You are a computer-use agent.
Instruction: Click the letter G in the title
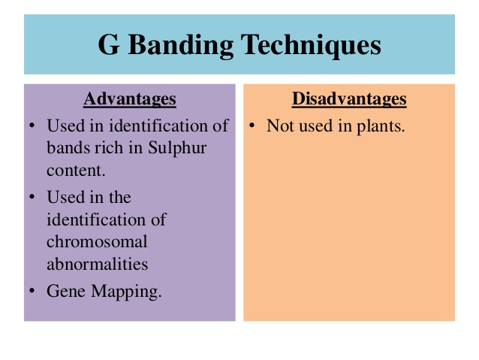click(108, 44)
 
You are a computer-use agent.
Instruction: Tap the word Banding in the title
click(181, 45)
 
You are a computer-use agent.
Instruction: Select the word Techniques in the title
click(311, 45)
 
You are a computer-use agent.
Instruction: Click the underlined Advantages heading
click(130, 98)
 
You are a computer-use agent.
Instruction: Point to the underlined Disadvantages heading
click(349, 98)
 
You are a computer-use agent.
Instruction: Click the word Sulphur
click(177, 148)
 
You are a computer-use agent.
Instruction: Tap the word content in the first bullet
click(76, 171)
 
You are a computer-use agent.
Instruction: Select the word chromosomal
click(97, 242)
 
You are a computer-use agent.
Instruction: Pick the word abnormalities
click(97, 264)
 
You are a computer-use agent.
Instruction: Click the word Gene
click(66, 291)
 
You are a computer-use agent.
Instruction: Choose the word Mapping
click(126, 292)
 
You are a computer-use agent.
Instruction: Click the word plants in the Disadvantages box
click(381, 126)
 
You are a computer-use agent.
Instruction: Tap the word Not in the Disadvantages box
click(279, 126)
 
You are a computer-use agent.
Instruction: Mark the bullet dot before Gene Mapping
click(32, 290)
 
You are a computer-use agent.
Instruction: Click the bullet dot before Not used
click(252, 126)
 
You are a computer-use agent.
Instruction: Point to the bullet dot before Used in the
click(32, 197)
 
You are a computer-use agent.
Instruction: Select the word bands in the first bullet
click(68, 148)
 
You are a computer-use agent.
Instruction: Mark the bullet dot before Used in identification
click(32, 126)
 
